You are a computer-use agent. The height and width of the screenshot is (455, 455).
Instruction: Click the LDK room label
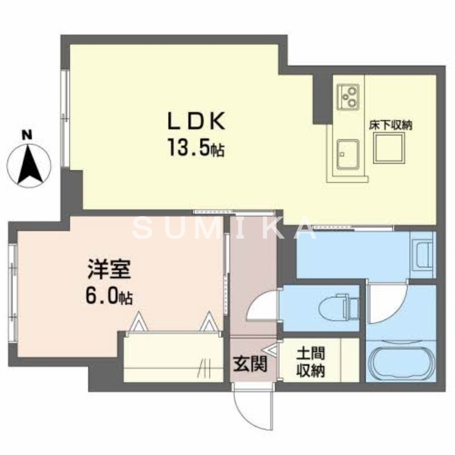pos(196,122)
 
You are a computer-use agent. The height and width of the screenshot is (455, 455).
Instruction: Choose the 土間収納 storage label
pos(310,362)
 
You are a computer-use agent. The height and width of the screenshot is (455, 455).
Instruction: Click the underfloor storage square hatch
pos(389,150)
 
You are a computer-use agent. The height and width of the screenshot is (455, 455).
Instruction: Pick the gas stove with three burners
pos(348,96)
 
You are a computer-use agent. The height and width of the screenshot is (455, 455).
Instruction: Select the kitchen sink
pos(346,154)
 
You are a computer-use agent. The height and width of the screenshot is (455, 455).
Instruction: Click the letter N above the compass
pos(26,135)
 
